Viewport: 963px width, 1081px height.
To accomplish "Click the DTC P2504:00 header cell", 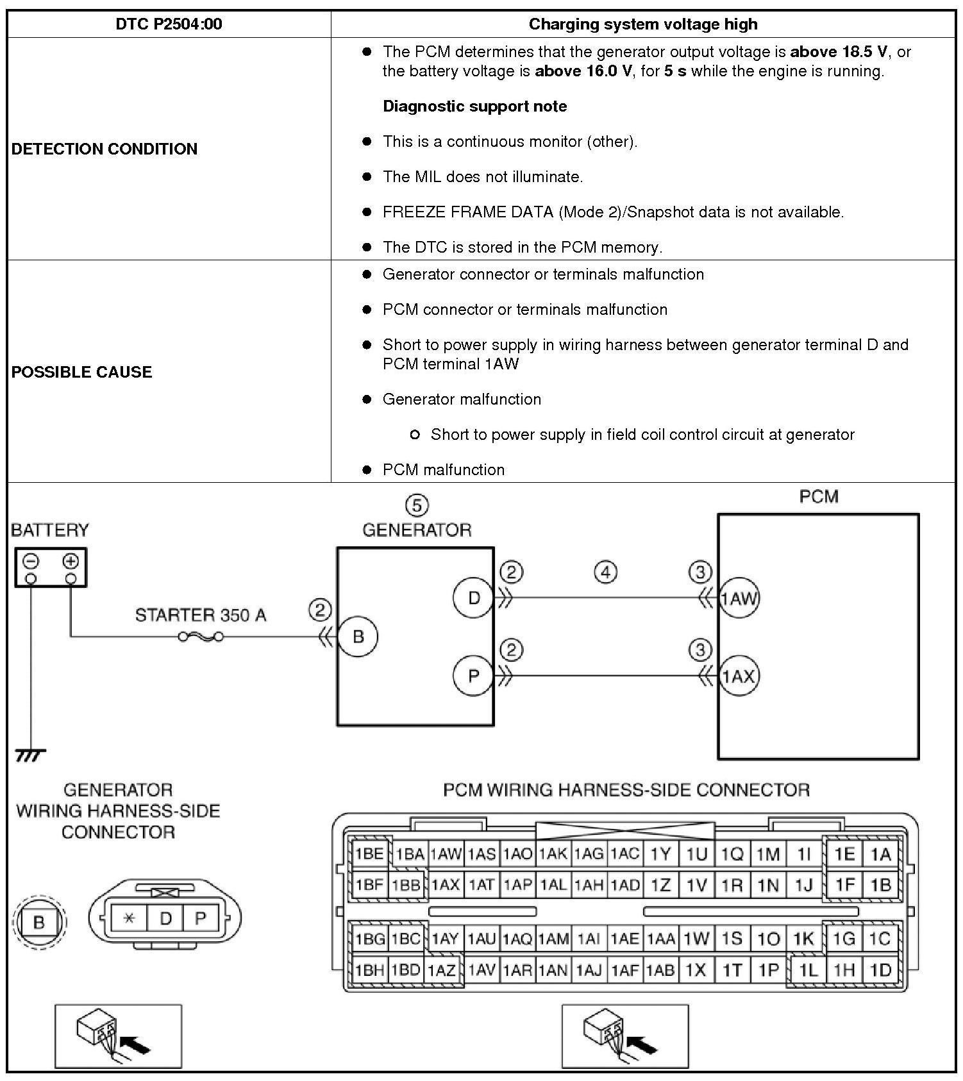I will pyautogui.click(x=169, y=24).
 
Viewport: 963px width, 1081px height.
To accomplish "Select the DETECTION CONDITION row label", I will pyautogui.click(x=105, y=149).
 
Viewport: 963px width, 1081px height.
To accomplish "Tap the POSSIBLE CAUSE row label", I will pyautogui.click(x=81, y=372).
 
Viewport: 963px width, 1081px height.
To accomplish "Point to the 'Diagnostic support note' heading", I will pyautogui.click(x=474, y=106).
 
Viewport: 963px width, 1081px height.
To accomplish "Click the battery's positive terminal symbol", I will pyautogui.click(x=71, y=562).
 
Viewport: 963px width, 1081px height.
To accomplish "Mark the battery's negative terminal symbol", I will pyautogui.click(x=31, y=562).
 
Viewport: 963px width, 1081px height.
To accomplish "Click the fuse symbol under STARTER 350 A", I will pyautogui.click(x=201, y=637).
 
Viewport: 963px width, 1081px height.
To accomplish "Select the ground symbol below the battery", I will pyautogui.click(x=30, y=756).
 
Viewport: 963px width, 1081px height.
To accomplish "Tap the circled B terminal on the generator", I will pyautogui.click(x=358, y=637).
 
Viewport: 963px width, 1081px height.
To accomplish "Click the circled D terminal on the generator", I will pyautogui.click(x=473, y=598).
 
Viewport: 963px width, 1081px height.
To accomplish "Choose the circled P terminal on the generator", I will pyautogui.click(x=473, y=676).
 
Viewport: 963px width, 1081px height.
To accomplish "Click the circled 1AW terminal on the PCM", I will pyautogui.click(x=739, y=599).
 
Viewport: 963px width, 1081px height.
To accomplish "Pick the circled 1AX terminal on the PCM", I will pyautogui.click(x=739, y=676).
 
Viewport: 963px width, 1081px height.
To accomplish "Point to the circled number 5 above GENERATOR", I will pyautogui.click(x=417, y=505).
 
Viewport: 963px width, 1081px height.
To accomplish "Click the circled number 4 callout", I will pyautogui.click(x=606, y=571).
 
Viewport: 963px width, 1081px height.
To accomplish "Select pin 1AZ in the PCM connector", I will pyautogui.click(x=442, y=971).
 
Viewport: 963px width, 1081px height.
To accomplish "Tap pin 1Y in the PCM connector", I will pyautogui.click(x=660, y=854).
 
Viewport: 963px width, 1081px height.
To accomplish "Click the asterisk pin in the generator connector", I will pyautogui.click(x=129, y=918).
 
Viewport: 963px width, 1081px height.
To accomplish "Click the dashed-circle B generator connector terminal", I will pyautogui.click(x=38, y=922).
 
